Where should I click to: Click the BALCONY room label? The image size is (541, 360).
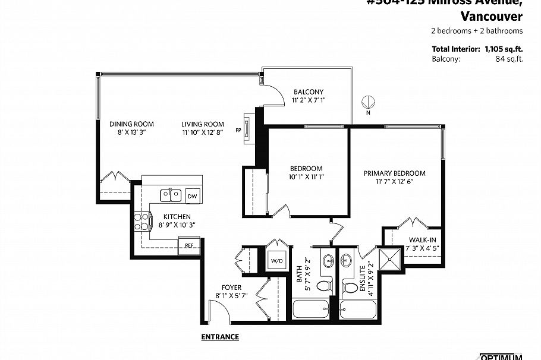pos(308,91)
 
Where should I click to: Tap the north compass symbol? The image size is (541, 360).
pos(367,102)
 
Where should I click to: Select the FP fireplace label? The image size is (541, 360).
pos(238,130)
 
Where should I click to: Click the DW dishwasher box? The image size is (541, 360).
pos(192,196)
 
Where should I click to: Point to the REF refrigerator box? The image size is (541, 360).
pos(189,245)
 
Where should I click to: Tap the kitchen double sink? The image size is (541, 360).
pos(171,194)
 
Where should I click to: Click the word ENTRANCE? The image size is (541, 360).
pos(220,337)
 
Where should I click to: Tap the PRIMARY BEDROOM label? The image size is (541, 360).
pos(394,173)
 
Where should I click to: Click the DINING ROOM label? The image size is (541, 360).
pos(131,124)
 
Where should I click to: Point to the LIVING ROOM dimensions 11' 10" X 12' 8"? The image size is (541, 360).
pos(202,133)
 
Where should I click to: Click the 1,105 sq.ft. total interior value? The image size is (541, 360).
pos(504,49)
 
